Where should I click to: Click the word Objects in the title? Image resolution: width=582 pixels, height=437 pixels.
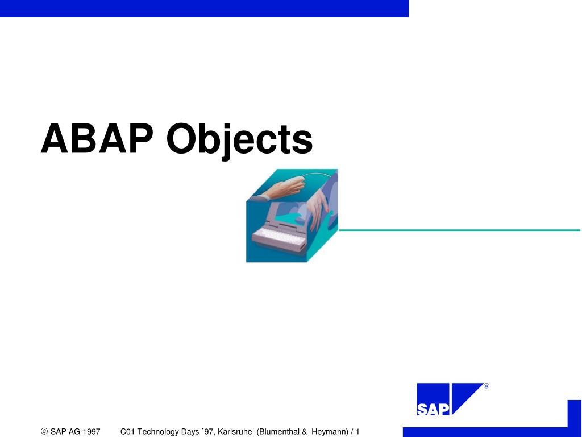(x=239, y=141)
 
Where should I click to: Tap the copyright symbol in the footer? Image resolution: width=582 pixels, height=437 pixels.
(x=44, y=432)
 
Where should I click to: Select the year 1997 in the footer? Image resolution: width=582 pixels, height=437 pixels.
(x=92, y=432)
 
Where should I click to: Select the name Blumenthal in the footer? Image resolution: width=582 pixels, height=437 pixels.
(x=279, y=432)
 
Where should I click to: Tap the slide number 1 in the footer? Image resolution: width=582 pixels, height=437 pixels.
(x=358, y=432)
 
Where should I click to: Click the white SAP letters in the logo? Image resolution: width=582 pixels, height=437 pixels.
(x=433, y=409)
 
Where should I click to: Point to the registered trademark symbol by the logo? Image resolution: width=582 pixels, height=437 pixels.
(x=487, y=387)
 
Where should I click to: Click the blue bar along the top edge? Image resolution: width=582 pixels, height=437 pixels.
(x=205, y=8)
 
